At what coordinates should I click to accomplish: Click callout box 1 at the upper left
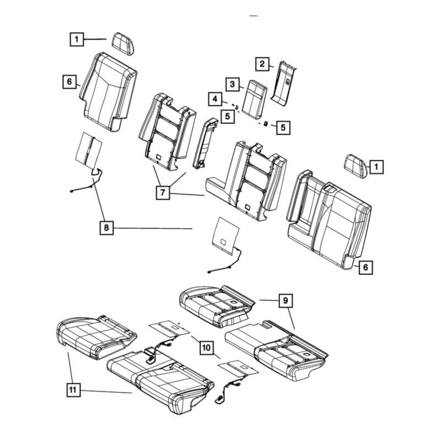(76, 39)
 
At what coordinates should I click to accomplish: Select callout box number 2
(263, 64)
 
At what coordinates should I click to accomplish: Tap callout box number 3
(233, 84)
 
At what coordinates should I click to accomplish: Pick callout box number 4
(216, 99)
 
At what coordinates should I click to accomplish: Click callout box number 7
(163, 193)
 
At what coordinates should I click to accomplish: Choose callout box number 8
(106, 227)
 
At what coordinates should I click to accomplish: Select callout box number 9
(285, 301)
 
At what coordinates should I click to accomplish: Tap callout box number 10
(206, 348)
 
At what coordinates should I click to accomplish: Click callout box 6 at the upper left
(69, 82)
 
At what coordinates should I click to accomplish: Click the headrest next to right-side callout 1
(356, 164)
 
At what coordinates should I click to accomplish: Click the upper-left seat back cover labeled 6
(108, 91)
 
